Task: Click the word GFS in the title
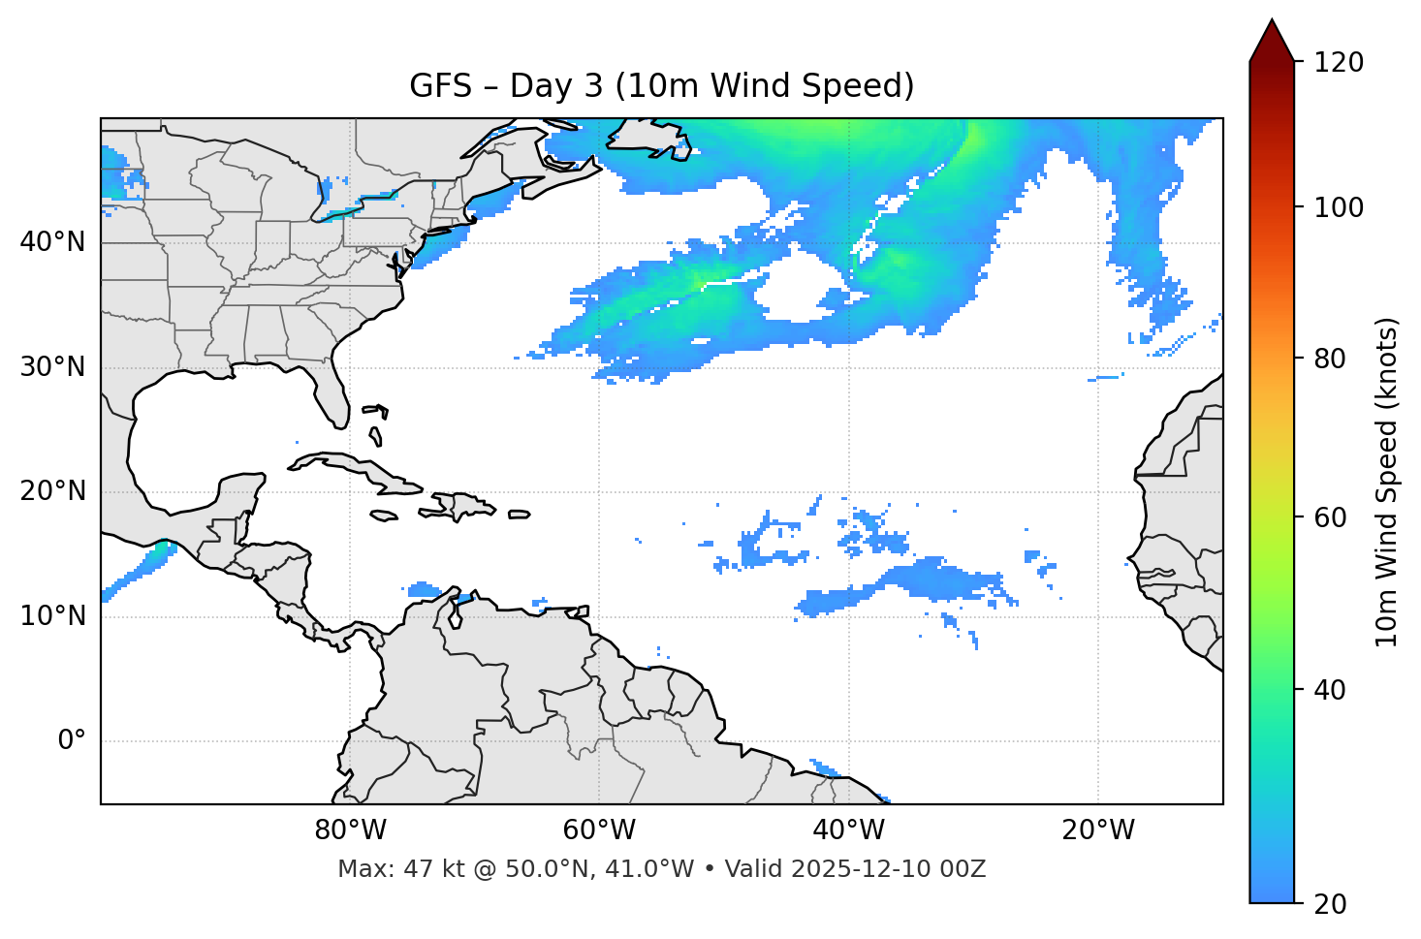[x=440, y=86]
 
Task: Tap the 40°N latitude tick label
[x=52, y=242]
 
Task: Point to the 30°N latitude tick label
[x=52, y=367]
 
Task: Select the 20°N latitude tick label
[x=52, y=491]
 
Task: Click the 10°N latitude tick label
[x=52, y=616]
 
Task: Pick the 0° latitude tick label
[x=72, y=741]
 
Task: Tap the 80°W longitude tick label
[x=350, y=830]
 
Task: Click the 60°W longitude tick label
[x=599, y=830]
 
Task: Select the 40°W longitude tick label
[x=848, y=830]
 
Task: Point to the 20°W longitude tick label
[x=1097, y=830]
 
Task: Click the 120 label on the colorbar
[x=1339, y=63]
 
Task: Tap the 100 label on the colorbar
[x=1339, y=207]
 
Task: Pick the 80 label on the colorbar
[x=1332, y=359]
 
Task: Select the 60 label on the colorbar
[x=1332, y=517]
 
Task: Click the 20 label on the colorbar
[x=1332, y=904]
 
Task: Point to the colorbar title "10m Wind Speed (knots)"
[x=1387, y=482]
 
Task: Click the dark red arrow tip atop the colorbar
[x=1272, y=37]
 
